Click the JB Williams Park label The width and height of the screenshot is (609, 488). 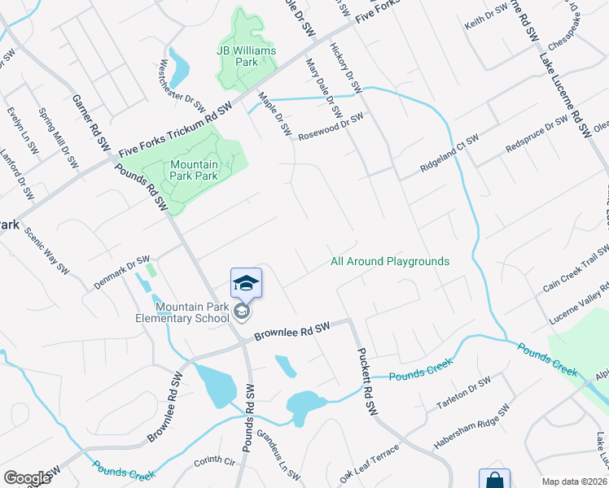click(247, 56)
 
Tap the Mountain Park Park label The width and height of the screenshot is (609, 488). click(194, 169)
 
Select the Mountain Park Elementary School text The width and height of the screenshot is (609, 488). click(193, 312)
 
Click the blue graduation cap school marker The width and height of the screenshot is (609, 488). click(246, 284)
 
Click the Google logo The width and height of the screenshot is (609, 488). click(27, 478)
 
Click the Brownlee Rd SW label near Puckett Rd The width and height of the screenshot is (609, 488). click(291, 330)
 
